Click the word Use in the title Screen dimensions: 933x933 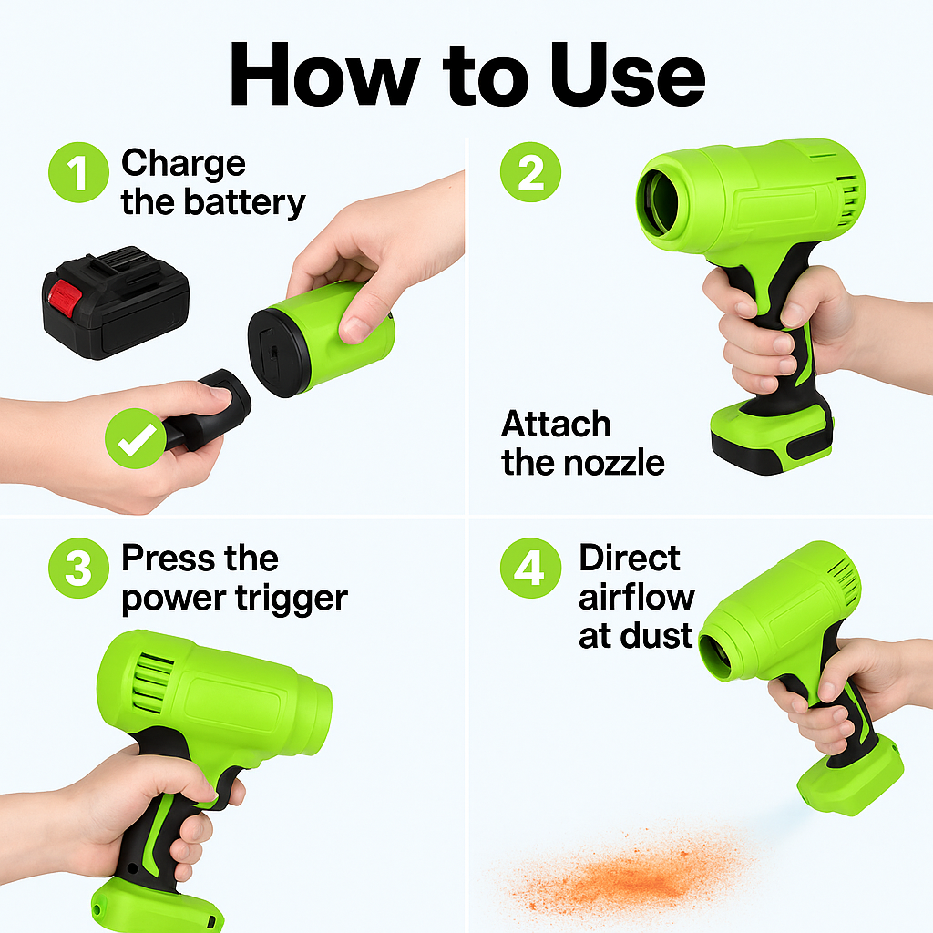pos(628,75)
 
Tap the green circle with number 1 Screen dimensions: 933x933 pos(78,172)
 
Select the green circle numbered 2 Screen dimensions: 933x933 pos(530,172)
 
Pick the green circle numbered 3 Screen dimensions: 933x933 pos(78,568)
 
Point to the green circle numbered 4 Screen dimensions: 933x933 pos(530,568)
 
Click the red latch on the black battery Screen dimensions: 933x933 pos(65,298)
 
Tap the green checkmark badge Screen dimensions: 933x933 pos(136,438)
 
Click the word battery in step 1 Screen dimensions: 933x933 pos(244,203)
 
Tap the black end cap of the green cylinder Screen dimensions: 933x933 pos(279,353)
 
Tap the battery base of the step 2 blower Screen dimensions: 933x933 pos(771,436)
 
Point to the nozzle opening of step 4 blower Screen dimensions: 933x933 pos(715,657)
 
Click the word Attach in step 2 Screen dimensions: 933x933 pos(556,425)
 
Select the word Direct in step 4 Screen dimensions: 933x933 pos(629,559)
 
